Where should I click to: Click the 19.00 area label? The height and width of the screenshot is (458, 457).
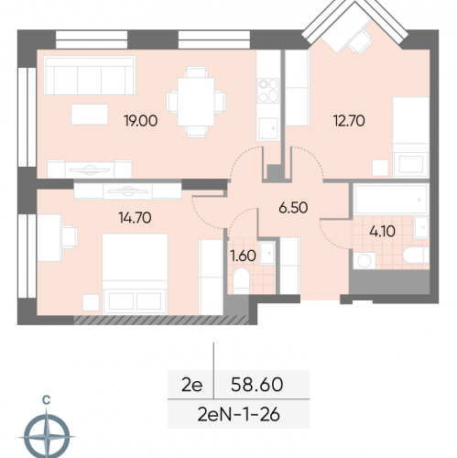(x=141, y=121)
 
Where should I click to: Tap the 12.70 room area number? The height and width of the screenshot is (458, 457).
(x=349, y=121)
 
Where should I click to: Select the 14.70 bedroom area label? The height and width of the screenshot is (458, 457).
(x=135, y=218)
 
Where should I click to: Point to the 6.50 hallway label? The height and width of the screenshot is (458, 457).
(x=293, y=208)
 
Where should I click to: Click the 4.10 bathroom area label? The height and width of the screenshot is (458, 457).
(x=382, y=231)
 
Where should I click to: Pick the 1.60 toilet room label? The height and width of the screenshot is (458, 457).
(x=243, y=256)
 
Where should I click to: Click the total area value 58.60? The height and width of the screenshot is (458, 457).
(x=256, y=385)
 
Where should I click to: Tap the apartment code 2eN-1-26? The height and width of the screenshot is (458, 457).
(x=238, y=415)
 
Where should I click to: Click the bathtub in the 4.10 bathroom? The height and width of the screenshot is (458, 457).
(x=391, y=200)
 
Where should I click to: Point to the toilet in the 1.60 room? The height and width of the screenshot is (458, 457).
(x=241, y=281)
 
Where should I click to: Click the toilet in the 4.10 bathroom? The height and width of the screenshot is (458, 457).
(x=416, y=256)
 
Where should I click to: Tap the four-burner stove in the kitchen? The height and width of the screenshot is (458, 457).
(x=268, y=91)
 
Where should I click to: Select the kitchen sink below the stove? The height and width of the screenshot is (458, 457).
(x=268, y=128)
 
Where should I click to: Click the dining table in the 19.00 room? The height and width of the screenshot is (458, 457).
(x=196, y=102)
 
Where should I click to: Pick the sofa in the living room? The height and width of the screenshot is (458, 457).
(x=90, y=75)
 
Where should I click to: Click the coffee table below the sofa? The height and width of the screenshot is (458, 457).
(x=90, y=114)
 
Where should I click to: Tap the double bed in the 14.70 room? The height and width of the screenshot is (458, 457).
(x=135, y=274)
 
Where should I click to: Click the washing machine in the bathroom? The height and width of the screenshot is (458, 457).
(x=365, y=260)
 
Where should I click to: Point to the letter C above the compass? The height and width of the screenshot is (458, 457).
(x=46, y=399)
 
